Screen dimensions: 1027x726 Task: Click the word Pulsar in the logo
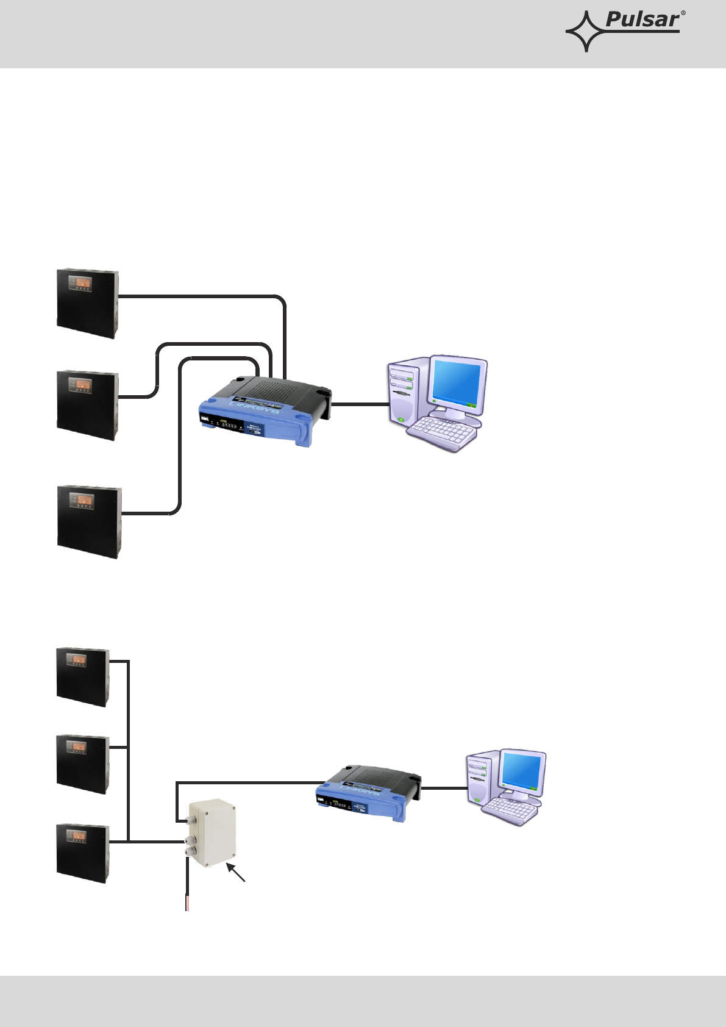point(642,20)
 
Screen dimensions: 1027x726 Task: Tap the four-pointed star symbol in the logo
point(585,31)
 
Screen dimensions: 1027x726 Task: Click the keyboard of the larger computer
point(442,433)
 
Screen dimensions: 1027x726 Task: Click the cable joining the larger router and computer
point(360,404)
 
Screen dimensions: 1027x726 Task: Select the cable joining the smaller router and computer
point(444,788)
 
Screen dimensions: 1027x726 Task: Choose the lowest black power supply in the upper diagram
point(89,522)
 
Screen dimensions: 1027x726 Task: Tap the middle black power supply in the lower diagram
point(83,764)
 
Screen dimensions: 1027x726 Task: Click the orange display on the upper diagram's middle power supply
point(80,384)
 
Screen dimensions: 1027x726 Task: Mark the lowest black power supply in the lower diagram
point(83,853)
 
